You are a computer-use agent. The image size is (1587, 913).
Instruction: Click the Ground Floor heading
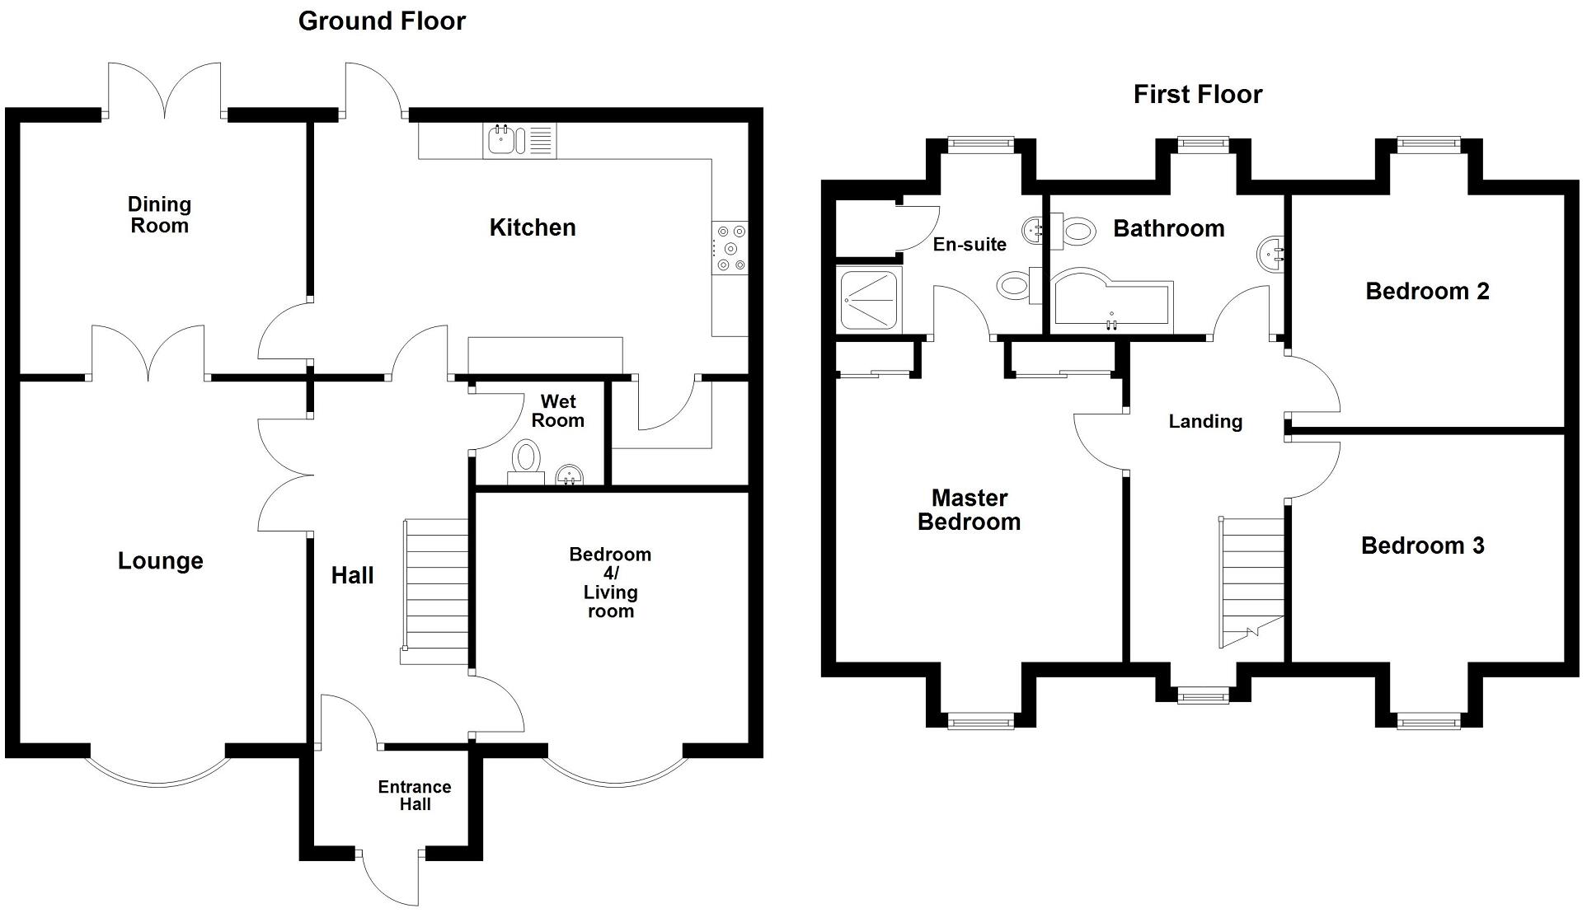(x=382, y=21)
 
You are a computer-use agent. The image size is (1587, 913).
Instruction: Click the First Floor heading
(x=1197, y=95)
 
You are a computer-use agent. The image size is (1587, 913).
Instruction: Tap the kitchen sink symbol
(x=501, y=140)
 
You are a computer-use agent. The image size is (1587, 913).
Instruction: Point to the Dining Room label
(x=159, y=215)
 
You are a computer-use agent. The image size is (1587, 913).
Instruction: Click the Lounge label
(x=160, y=561)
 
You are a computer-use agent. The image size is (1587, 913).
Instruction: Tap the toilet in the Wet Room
(x=526, y=458)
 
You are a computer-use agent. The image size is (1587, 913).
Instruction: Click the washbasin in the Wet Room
(x=570, y=475)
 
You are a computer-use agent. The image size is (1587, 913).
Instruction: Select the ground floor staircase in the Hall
(x=435, y=589)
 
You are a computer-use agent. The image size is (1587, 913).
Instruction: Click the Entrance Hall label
(x=415, y=796)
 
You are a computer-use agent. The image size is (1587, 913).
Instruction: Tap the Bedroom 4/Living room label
(x=610, y=583)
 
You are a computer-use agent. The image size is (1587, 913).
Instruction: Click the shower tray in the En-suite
(x=868, y=299)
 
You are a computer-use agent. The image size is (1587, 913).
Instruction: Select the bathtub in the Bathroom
(x=1110, y=301)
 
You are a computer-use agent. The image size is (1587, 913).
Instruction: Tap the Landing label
(x=1205, y=422)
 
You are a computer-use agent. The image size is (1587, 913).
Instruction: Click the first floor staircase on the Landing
(x=1252, y=581)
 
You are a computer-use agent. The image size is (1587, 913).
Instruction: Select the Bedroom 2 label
(x=1427, y=292)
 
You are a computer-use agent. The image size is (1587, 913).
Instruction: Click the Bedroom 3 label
(x=1422, y=545)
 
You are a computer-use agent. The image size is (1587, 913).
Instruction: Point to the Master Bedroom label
(x=969, y=510)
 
